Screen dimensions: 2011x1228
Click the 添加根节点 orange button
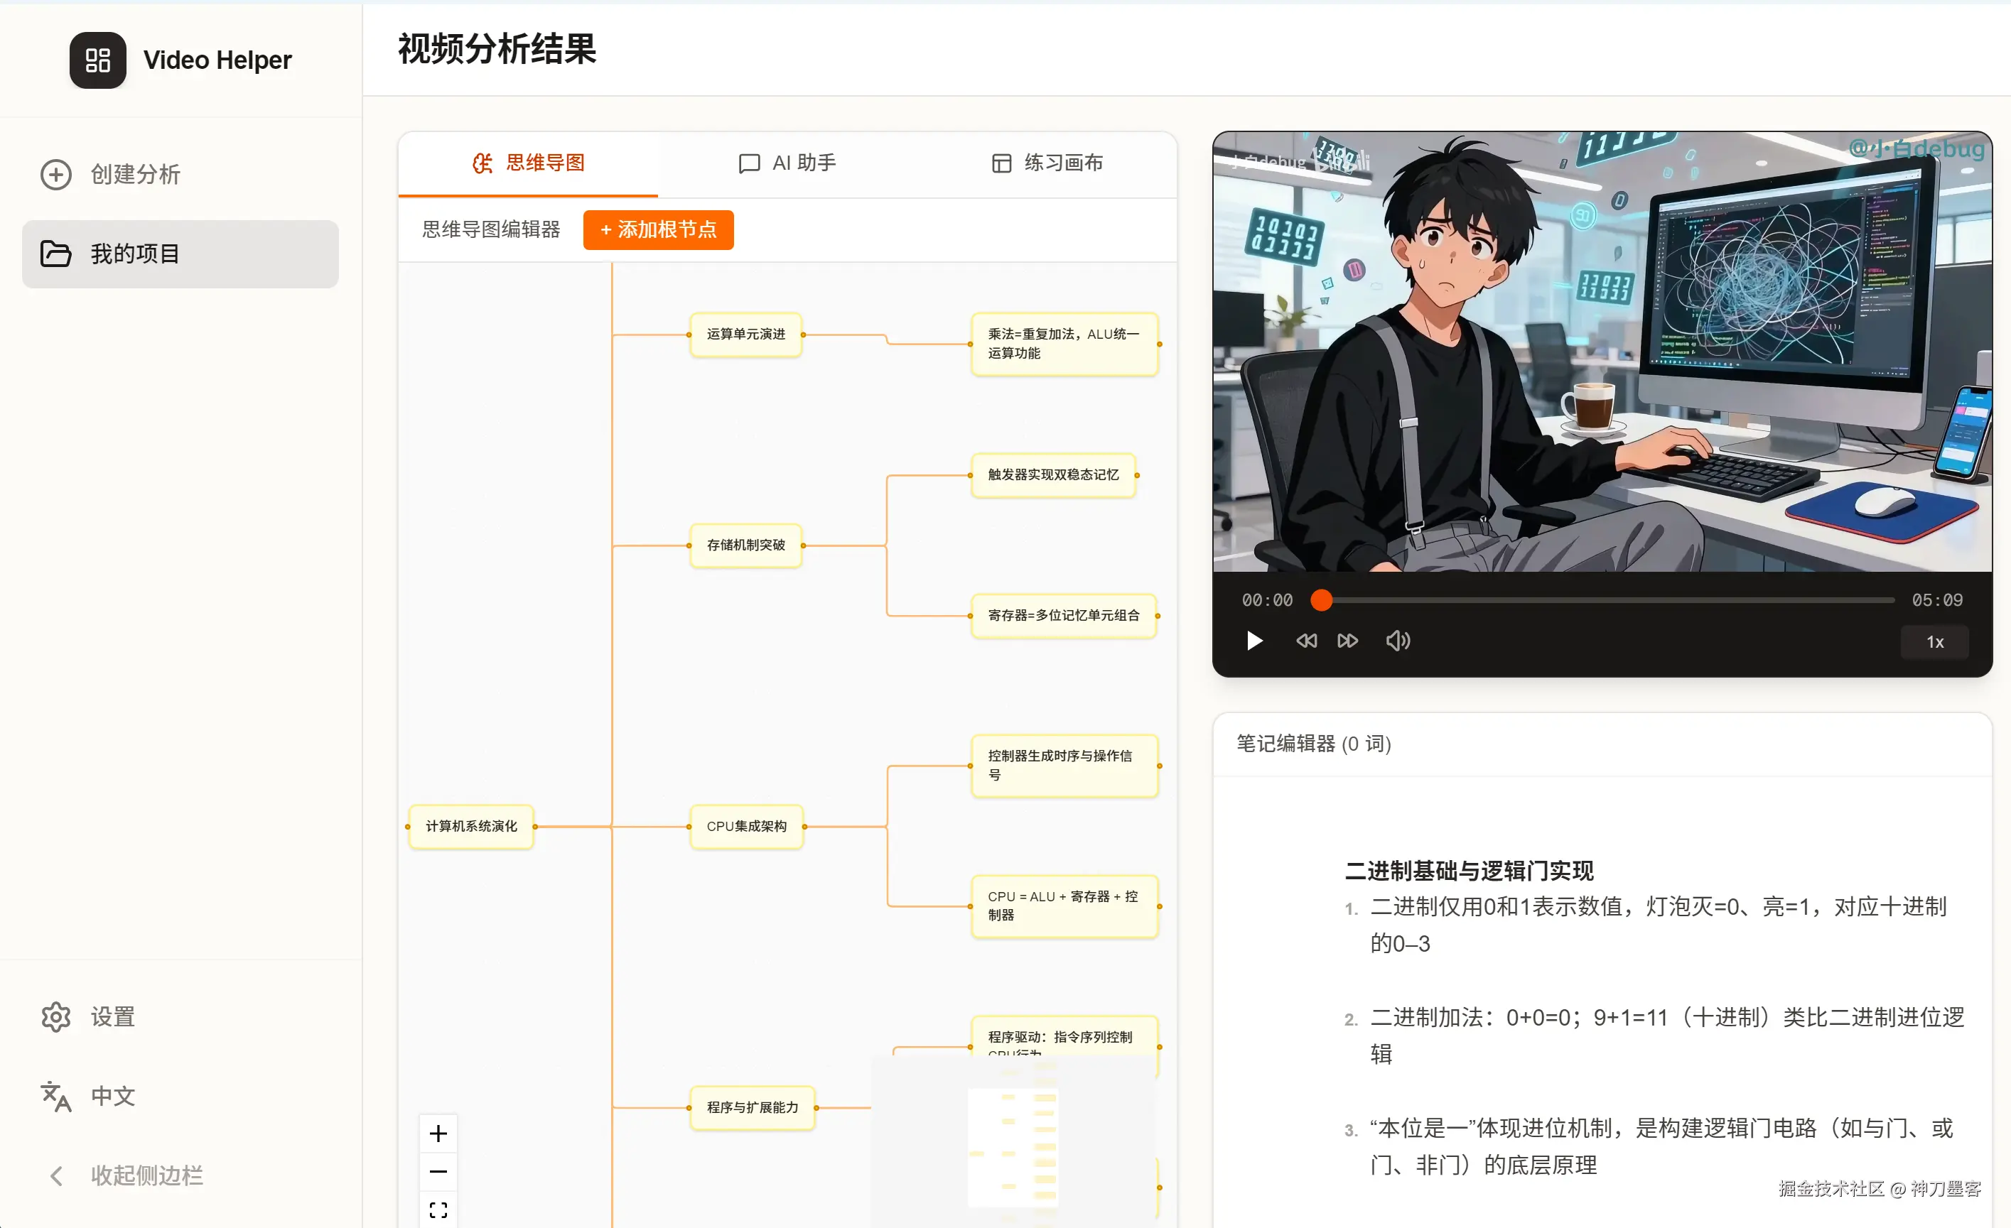coord(658,229)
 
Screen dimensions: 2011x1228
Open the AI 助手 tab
coord(787,163)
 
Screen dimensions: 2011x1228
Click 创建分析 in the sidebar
coord(111,175)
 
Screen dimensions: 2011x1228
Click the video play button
coord(1254,641)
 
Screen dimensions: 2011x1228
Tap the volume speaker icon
coord(1397,641)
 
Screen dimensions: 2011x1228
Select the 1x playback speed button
coord(1934,642)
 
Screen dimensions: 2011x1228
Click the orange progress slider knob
coord(1321,601)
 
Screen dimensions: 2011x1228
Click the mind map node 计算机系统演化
coord(471,827)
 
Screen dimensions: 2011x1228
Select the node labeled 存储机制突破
coord(746,545)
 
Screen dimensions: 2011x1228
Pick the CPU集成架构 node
coord(746,827)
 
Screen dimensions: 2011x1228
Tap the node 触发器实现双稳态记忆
coord(1053,475)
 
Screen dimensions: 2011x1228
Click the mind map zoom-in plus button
coord(438,1134)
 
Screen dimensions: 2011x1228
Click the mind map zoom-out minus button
coord(438,1172)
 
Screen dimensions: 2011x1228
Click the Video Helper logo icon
coord(98,60)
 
